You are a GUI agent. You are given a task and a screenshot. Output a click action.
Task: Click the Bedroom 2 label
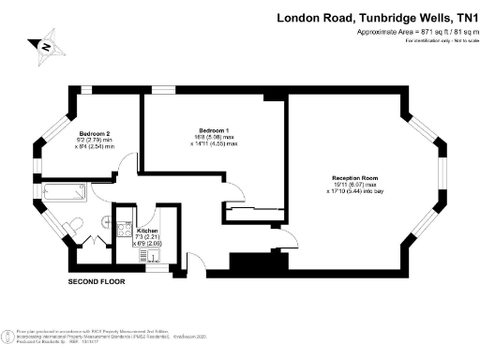coord(95,132)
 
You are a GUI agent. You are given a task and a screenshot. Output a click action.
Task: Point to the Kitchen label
coord(147,230)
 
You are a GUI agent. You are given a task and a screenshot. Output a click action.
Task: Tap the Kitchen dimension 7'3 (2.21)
coord(148,236)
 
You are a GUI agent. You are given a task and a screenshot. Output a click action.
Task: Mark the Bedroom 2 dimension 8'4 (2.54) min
coord(96,147)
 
